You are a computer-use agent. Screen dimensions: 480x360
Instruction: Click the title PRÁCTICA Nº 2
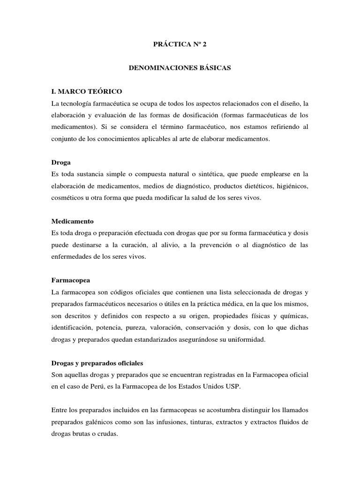pos(180,45)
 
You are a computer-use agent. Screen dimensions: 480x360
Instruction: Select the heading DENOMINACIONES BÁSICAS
pos(180,68)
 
